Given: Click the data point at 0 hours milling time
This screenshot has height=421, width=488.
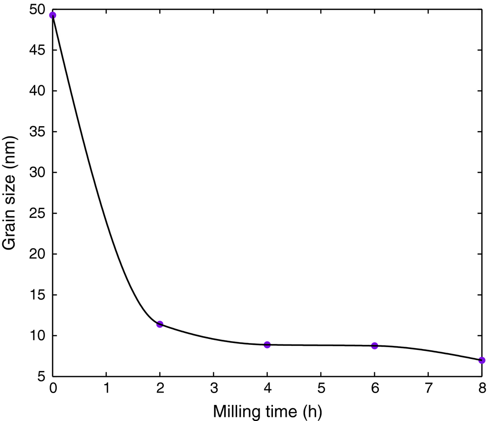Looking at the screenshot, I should [53, 15].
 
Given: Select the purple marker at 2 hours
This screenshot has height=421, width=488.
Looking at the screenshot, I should [160, 324].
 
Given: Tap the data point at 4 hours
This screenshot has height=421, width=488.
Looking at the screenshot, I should [267, 344].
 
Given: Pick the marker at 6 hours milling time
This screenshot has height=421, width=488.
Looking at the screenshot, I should [374, 345].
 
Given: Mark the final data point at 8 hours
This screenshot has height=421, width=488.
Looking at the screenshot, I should [482, 360].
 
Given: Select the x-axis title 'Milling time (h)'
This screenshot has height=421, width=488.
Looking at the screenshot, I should [267, 410].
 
